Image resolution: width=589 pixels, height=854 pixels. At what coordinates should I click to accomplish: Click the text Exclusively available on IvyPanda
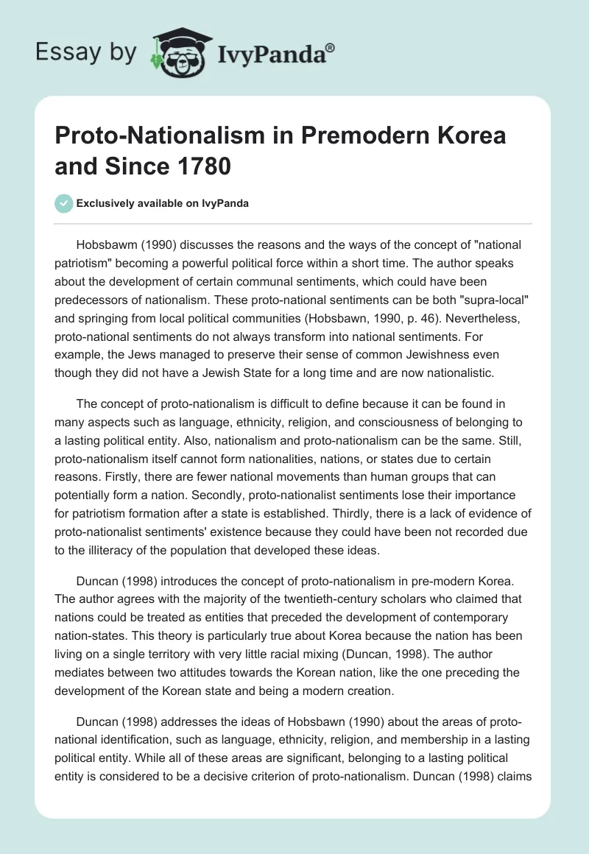pos(162,204)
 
